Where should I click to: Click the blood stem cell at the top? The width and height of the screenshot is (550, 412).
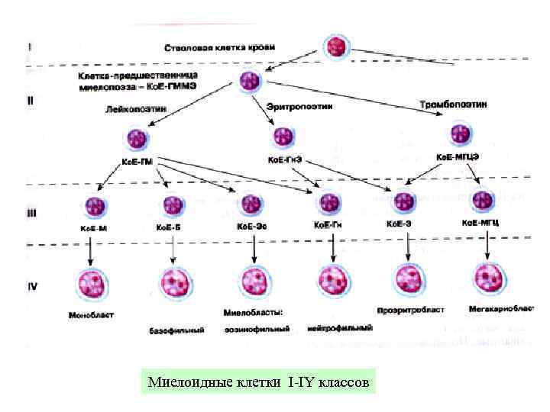coord(337,47)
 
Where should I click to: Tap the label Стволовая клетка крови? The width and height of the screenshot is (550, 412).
coord(221,48)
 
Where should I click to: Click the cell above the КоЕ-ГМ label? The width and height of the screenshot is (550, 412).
coord(137,140)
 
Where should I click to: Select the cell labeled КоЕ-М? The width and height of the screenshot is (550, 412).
coord(96,206)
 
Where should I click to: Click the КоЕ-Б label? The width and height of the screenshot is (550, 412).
coord(169,227)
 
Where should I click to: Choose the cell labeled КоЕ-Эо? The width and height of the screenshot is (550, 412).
coord(251,204)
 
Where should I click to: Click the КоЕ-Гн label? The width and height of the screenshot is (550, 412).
coord(329,225)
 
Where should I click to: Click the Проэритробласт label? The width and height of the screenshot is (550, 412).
coord(411,311)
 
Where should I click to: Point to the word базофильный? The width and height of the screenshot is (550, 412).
coord(176,330)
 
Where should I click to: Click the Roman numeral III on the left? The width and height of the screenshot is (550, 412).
coord(32,215)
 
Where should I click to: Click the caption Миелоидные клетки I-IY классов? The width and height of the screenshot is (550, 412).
coord(259,381)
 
